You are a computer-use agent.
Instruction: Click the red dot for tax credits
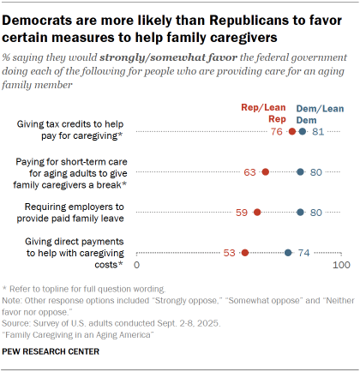(x=292, y=131)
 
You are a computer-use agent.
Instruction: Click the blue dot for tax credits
(x=302, y=131)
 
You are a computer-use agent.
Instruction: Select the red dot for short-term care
(x=266, y=172)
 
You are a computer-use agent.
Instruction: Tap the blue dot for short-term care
(x=300, y=172)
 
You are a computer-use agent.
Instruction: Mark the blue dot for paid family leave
(x=300, y=213)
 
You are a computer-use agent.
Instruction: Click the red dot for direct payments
(x=245, y=253)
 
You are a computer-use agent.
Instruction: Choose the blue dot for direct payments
(x=288, y=253)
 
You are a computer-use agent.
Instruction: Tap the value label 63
(x=250, y=172)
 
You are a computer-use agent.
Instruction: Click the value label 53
(x=230, y=253)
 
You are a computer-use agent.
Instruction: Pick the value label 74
(x=303, y=253)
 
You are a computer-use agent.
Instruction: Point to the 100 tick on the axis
(x=341, y=269)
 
